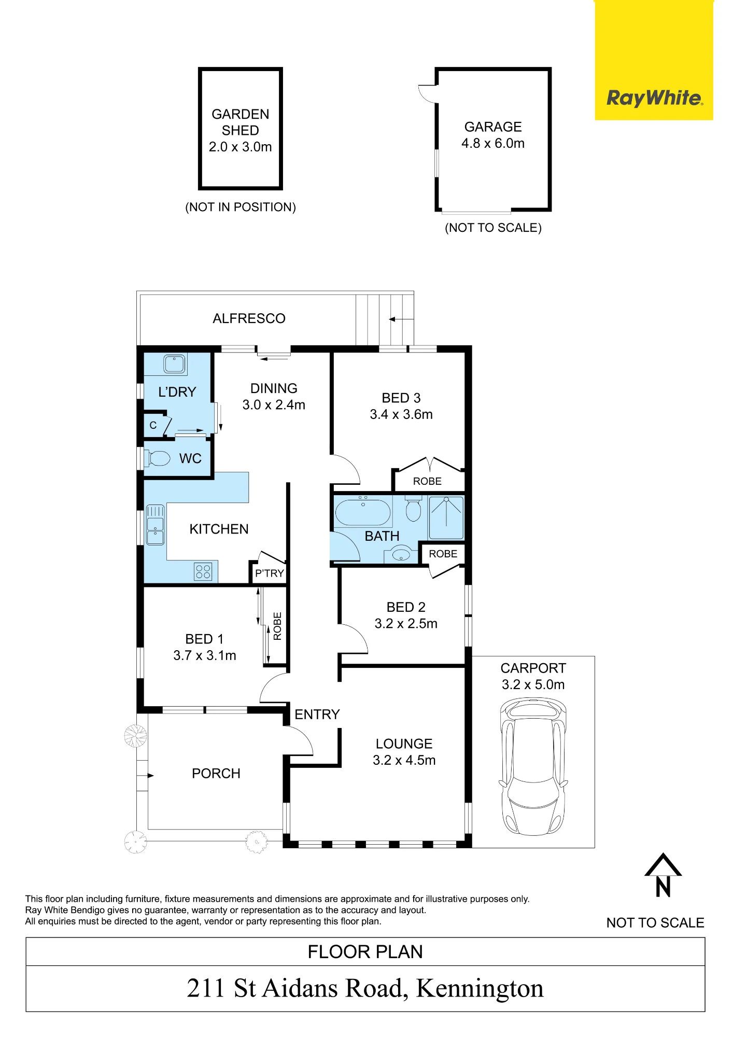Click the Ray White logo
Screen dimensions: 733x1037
(654, 97)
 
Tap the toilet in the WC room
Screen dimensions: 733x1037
(157, 458)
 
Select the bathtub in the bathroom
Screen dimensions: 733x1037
(363, 512)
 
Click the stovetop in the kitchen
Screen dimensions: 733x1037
(203, 572)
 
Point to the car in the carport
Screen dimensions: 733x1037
(533, 767)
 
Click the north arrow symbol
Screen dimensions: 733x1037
(663, 875)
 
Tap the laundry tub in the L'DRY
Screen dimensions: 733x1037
(175, 364)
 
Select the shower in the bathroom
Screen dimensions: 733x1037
(446, 517)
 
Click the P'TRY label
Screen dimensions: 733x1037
(270, 573)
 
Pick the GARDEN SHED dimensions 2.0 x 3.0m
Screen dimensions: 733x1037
(241, 147)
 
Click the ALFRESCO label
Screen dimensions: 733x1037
(249, 318)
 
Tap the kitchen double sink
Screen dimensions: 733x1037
(155, 525)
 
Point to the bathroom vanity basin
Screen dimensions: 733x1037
(401, 555)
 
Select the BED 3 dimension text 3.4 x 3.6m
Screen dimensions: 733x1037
(401, 414)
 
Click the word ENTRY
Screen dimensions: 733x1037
(317, 714)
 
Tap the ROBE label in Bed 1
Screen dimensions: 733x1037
(277, 626)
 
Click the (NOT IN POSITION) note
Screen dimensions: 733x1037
(241, 207)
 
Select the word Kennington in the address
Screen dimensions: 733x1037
(480, 988)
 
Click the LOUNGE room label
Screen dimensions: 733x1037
(404, 744)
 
